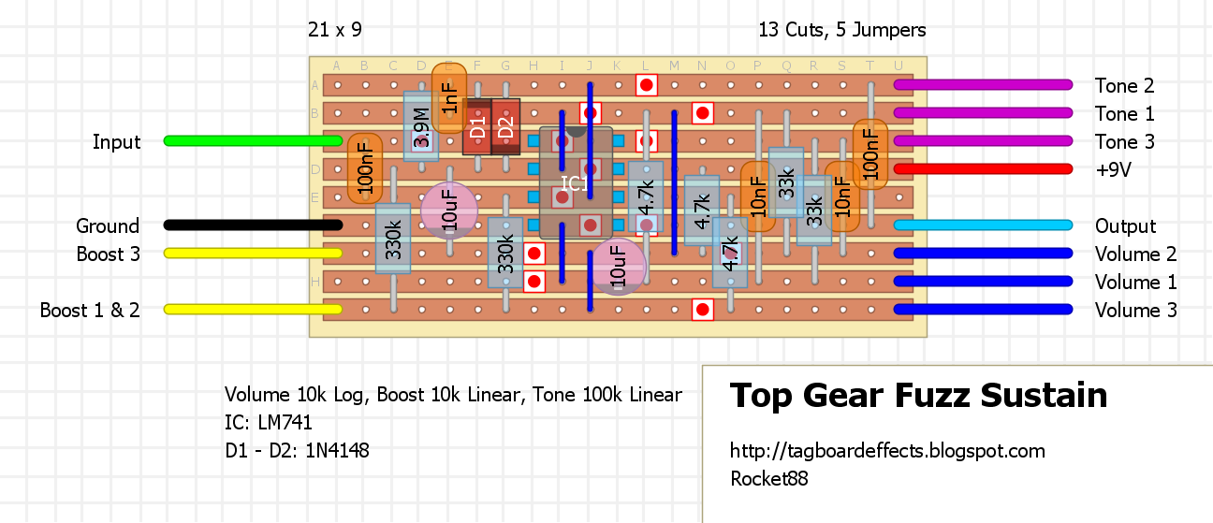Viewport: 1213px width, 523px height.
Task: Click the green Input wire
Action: pyautogui.click(x=253, y=141)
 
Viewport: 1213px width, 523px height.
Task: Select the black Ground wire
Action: pyautogui.click(x=253, y=225)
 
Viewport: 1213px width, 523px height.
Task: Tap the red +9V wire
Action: pyautogui.click(x=983, y=169)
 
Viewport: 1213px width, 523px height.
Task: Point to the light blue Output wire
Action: pyautogui.click(x=983, y=225)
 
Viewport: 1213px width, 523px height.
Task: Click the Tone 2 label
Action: pyautogui.click(x=1124, y=86)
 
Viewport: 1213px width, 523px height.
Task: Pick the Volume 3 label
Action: pyautogui.click(x=1135, y=311)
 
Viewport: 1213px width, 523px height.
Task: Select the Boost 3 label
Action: pyautogui.click(x=108, y=254)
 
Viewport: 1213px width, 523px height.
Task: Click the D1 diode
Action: pyautogui.click(x=477, y=127)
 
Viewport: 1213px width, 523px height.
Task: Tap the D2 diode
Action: pyautogui.click(x=505, y=127)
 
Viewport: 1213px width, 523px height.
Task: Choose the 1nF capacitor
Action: pyautogui.click(x=449, y=98)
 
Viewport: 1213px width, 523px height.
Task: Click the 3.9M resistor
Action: pyautogui.click(x=421, y=127)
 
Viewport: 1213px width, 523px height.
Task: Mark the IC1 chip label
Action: pyautogui.click(x=575, y=183)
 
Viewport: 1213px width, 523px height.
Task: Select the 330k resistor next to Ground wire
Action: pyautogui.click(x=393, y=239)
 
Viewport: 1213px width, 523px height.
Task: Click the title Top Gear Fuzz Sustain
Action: pyautogui.click(x=918, y=396)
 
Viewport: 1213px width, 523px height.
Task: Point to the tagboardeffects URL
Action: pyautogui.click(x=886, y=451)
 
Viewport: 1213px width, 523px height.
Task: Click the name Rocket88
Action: pyautogui.click(x=768, y=479)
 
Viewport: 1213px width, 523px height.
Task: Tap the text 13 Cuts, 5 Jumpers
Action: pyautogui.click(x=842, y=30)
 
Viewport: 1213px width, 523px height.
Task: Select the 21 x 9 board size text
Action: pyautogui.click(x=334, y=30)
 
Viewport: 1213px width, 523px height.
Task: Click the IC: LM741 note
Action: pyautogui.click(x=268, y=423)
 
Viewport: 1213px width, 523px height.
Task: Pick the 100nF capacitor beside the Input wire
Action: pyautogui.click(x=365, y=169)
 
